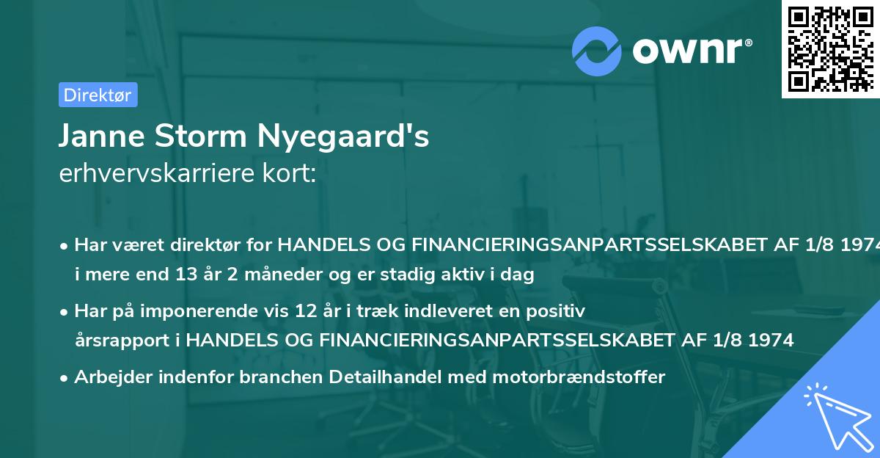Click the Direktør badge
pyautogui.click(x=98, y=95)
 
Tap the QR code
pyautogui.click(x=829, y=48)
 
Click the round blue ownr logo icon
pyautogui.click(x=597, y=51)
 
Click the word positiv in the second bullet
pyautogui.click(x=560, y=311)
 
